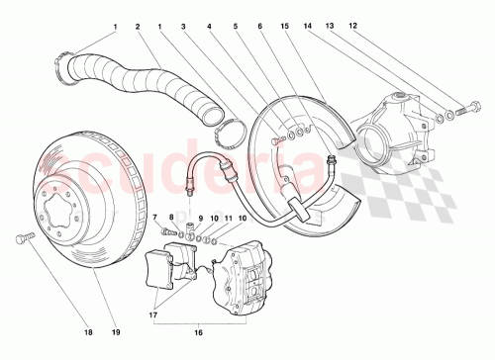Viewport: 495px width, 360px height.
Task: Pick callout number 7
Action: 155,217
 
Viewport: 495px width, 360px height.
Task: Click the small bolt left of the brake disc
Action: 24,237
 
